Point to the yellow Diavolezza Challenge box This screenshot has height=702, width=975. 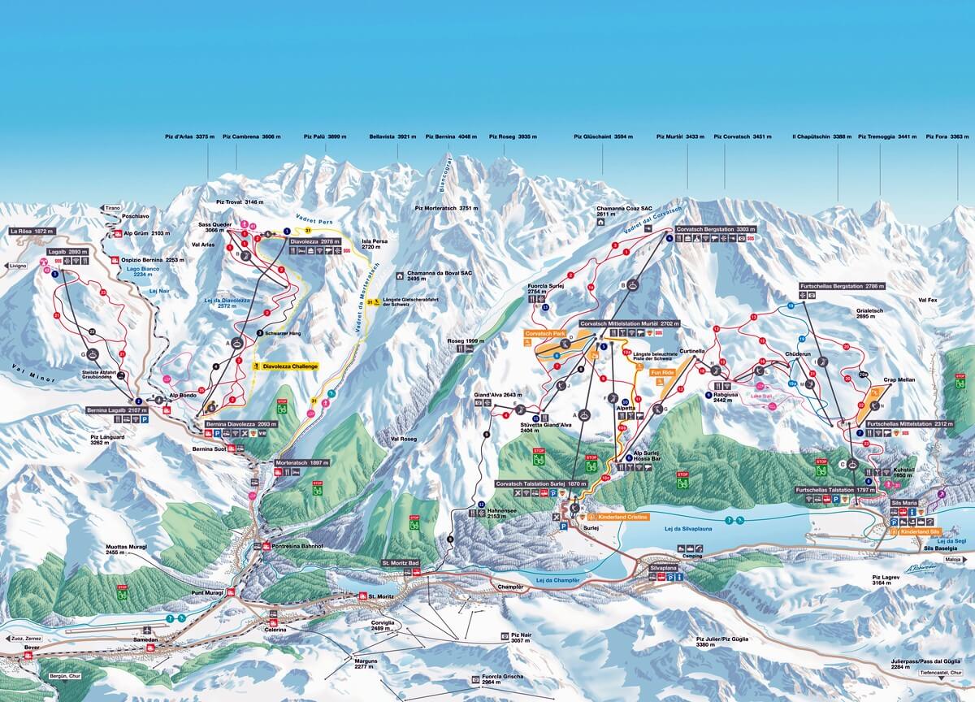(x=285, y=366)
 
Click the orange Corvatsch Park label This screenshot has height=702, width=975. (x=545, y=333)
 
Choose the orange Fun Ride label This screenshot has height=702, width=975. (x=662, y=372)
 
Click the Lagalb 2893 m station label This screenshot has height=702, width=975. (x=67, y=253)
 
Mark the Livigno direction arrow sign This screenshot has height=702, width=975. (x=18, y=266)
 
